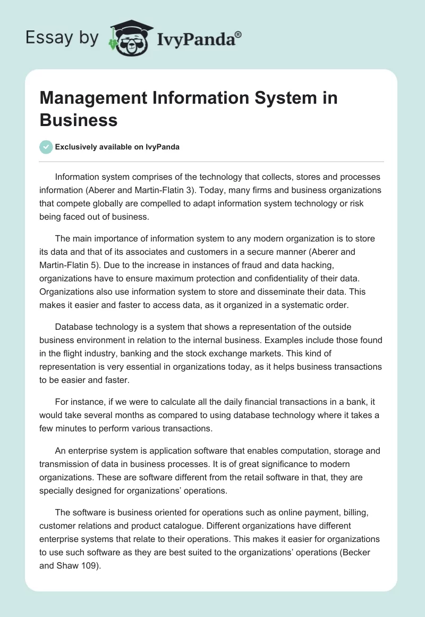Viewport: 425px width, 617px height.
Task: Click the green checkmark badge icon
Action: coord(46,147)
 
